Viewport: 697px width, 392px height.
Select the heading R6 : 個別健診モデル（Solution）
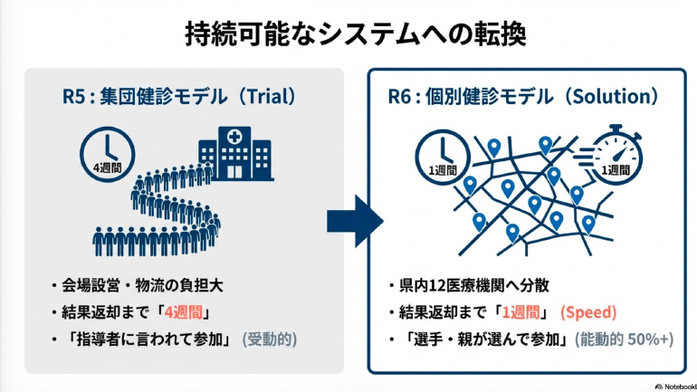(x=524, y=95)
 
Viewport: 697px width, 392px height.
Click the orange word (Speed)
(x=588, y=312)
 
